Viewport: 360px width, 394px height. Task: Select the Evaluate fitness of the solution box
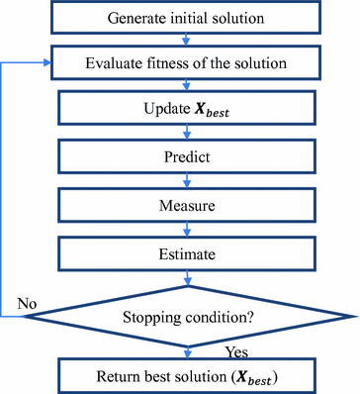[x=187, y=63]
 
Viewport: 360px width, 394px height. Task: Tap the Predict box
[x=187, y=155]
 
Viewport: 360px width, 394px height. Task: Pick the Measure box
[x=187, y=208]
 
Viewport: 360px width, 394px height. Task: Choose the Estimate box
[x=187, y=254]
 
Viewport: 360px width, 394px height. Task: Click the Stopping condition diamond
[x=187, y=318]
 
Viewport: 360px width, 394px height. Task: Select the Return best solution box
[x=187, y=375]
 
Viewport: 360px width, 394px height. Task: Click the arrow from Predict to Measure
[x=187, y=181]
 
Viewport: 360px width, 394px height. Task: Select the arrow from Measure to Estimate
[x=187, y=230]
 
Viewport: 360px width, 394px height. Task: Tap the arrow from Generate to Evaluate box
[x=187, y=41]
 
